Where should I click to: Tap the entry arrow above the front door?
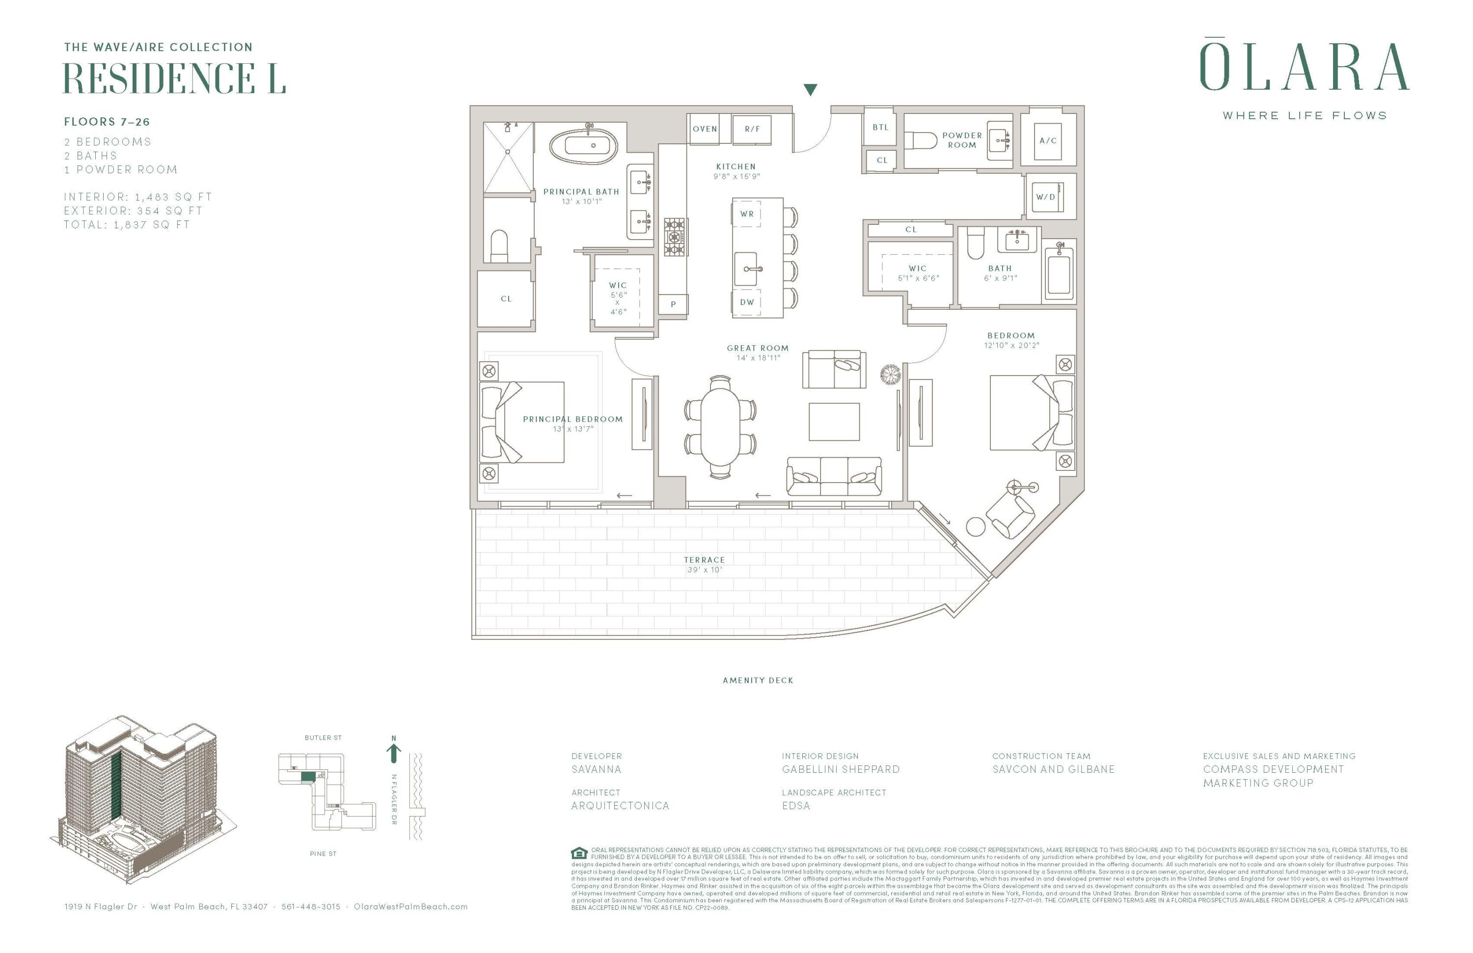tap(810, 90)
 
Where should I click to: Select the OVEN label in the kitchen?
tap(704, 129)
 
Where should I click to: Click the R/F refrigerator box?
tap(752, 129)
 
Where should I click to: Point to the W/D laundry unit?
tap(1045, 197)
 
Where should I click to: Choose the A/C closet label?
tap(1048, 140)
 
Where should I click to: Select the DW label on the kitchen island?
tap(747, 302)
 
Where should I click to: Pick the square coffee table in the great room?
tap(834, 421)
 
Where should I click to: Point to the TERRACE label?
tap(704, 559)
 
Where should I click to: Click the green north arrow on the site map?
tap(394, 753)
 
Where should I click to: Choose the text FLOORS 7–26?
tap(107, 122)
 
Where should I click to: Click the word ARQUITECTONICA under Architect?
tap(620, 806)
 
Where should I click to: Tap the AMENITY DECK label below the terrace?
tap(758, 680)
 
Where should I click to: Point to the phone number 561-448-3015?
tap(311, 906)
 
